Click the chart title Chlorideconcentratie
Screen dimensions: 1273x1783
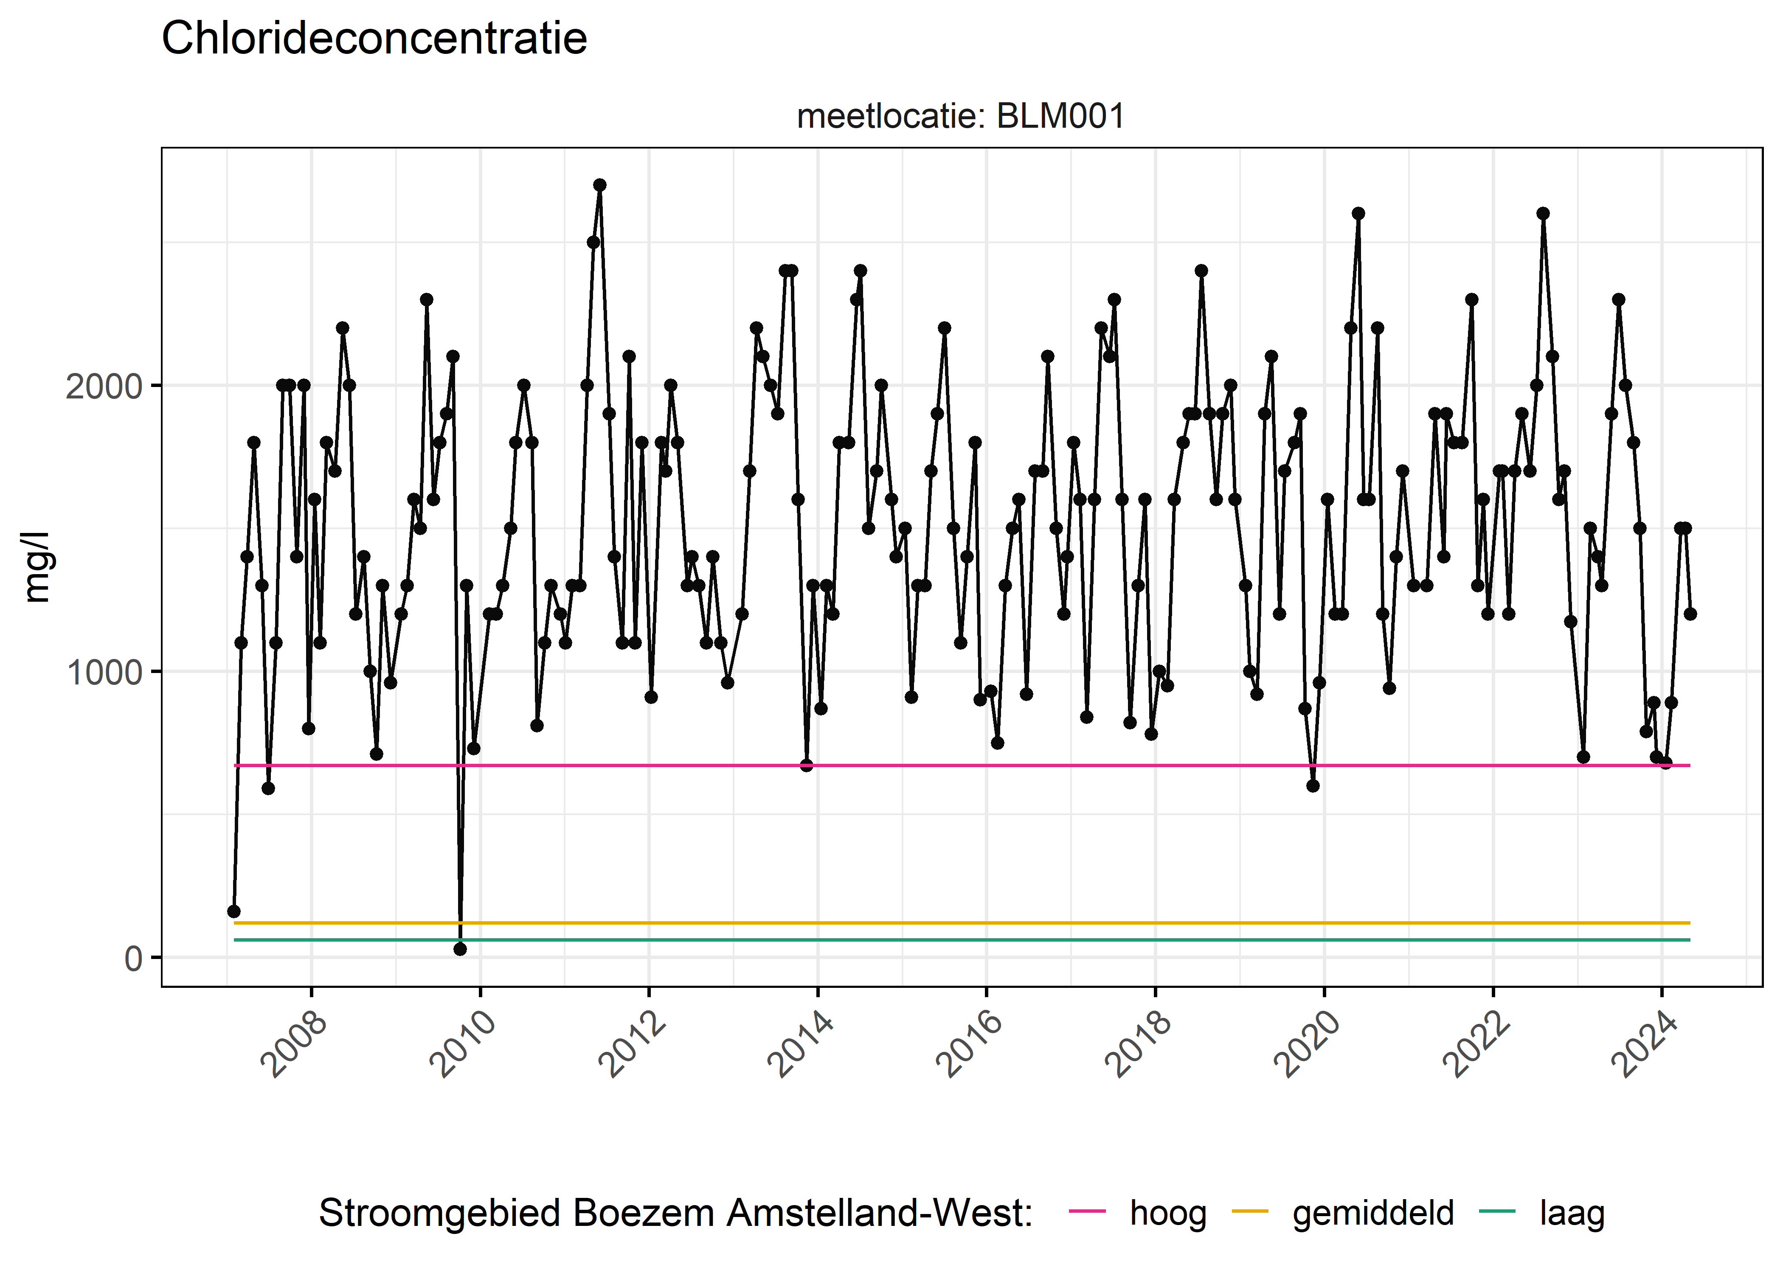pyautogui.click(x=374, y=39)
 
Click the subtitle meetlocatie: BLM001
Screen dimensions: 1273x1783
pyautogui.click(x=961, y=117)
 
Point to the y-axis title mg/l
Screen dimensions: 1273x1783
pyautogui.click(x=37, y=567)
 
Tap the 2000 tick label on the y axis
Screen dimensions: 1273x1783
pyautogui.click(x=104, y=387)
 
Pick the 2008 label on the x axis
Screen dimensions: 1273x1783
pyautogui.click(x=294, y=1045)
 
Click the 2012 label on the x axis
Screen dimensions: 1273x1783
pyautogui.click(x=632, y=1045)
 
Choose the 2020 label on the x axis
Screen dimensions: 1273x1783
pyautogui.click(x=1307, y=1045)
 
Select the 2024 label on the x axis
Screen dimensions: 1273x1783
pyautogui.click(x=1644, y=1045)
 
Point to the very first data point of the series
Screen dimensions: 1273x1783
pyautogui.click(x=233, y=911)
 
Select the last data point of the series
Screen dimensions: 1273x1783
pyautogui.click(x=1690, y=614)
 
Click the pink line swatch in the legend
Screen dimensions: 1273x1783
pyautogui.click(x=1087, y=1212)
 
